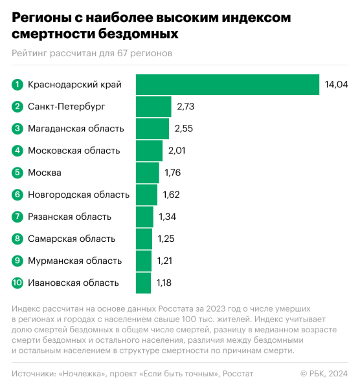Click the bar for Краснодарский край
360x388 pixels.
tap(227, 85)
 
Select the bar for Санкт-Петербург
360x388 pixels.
tap(153, 107)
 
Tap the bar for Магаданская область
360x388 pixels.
tap(152, 129)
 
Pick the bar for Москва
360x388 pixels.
tap(147, 173)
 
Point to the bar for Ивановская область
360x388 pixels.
tap(144, 283)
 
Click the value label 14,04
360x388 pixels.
tap(336, 85)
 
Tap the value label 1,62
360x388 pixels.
tap(171, 195)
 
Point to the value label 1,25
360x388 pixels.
tap(166, 239)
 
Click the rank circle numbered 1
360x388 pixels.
tap(17, 85)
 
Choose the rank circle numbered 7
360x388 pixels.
tap(17, 217)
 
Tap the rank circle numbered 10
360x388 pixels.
tap(17, 283)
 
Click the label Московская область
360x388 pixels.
tap(74, 151)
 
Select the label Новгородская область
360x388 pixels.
tap(78, 195)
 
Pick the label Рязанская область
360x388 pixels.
tap(69, 217)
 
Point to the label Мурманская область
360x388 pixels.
tap(74, 261)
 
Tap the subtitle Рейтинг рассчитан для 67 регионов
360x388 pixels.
tap(92, 53)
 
